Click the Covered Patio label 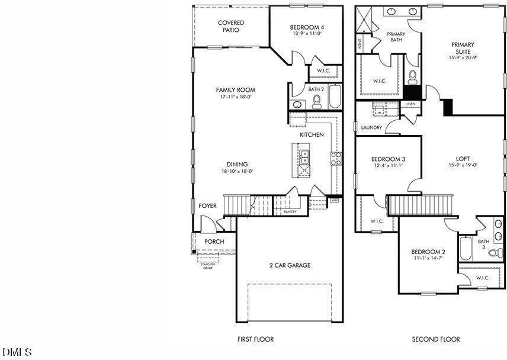[231, 26]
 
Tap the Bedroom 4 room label [307, 27]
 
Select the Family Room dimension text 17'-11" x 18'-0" [235, 97]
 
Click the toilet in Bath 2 [316, 101]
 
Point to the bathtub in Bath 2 [335, 97]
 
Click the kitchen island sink [305, 157]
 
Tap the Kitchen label [312, 135]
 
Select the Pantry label [290, 211]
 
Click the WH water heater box [334, 201]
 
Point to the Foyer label [207, 205]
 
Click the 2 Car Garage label [290, 265]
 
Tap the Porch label [214, 242]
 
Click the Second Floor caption [436, 339]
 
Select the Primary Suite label [463, 48]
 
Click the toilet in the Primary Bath [413, 76]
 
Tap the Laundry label [371, 127]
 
